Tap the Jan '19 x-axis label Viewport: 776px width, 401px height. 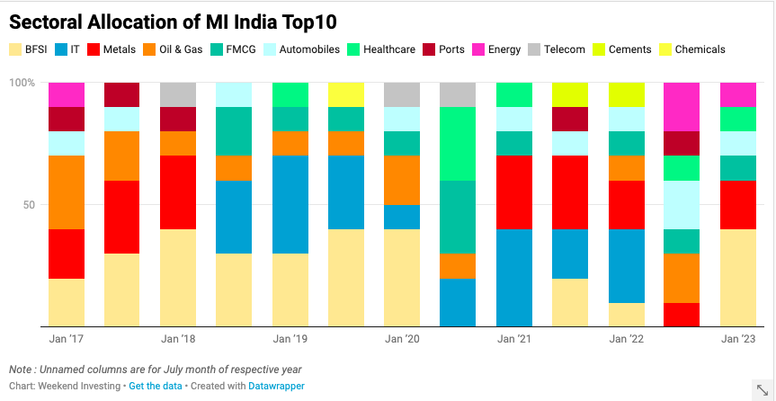pos(290,339)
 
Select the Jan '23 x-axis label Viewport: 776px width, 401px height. pos(737,339)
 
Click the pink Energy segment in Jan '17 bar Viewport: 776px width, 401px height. pos(67,94)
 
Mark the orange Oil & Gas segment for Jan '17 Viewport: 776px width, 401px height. pos(67,192)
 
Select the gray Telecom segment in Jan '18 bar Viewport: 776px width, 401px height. pos(178,94)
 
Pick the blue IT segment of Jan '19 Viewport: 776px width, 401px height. pos(290,204)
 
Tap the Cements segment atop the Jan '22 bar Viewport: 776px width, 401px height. pos(626,94)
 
